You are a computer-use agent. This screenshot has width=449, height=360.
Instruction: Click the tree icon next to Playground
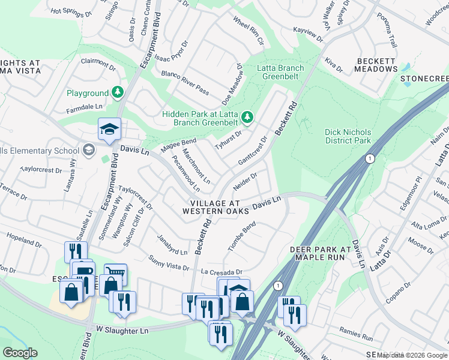click(x=118, y=92)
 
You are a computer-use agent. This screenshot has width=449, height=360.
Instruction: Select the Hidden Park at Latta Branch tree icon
click(x=247, y=115)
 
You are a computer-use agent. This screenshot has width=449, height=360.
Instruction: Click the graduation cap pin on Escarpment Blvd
click(x=109, y=130)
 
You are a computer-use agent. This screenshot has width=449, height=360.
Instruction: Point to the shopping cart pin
click(x=115, y=274)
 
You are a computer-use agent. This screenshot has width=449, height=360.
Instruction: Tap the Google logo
click(x=20, y=353)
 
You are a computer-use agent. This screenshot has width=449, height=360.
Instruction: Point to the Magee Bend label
click(x=178, y=144)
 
